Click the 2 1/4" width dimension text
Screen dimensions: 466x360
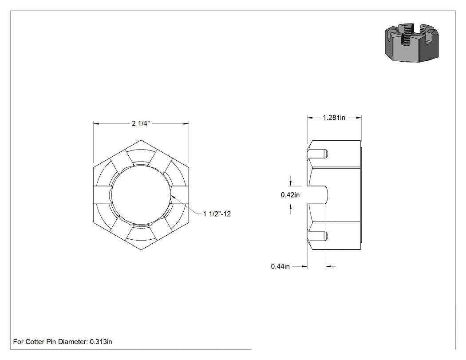[x=141, y=123]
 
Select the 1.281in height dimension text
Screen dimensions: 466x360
[x=334, y=118]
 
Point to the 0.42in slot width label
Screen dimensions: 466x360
[x=290, y=195]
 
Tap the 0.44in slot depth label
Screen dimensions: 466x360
[x=280, y=266]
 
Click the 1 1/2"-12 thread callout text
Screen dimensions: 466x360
[x=217, y=214]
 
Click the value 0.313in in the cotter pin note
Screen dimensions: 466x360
[x=101, y=342]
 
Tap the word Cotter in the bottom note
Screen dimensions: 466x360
[x=35, y=342]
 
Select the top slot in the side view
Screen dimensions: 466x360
[x=317, y=154]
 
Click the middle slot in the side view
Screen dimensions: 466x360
[x=317, y=195]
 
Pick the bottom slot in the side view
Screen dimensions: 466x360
[x=317, y=236]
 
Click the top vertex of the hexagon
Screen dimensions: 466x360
[x=141, y=140]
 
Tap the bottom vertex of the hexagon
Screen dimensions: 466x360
[x=141, y=249]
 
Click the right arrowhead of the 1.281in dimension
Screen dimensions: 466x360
[x=359, y=118]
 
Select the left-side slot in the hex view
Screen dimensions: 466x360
[x=103, y=195]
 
